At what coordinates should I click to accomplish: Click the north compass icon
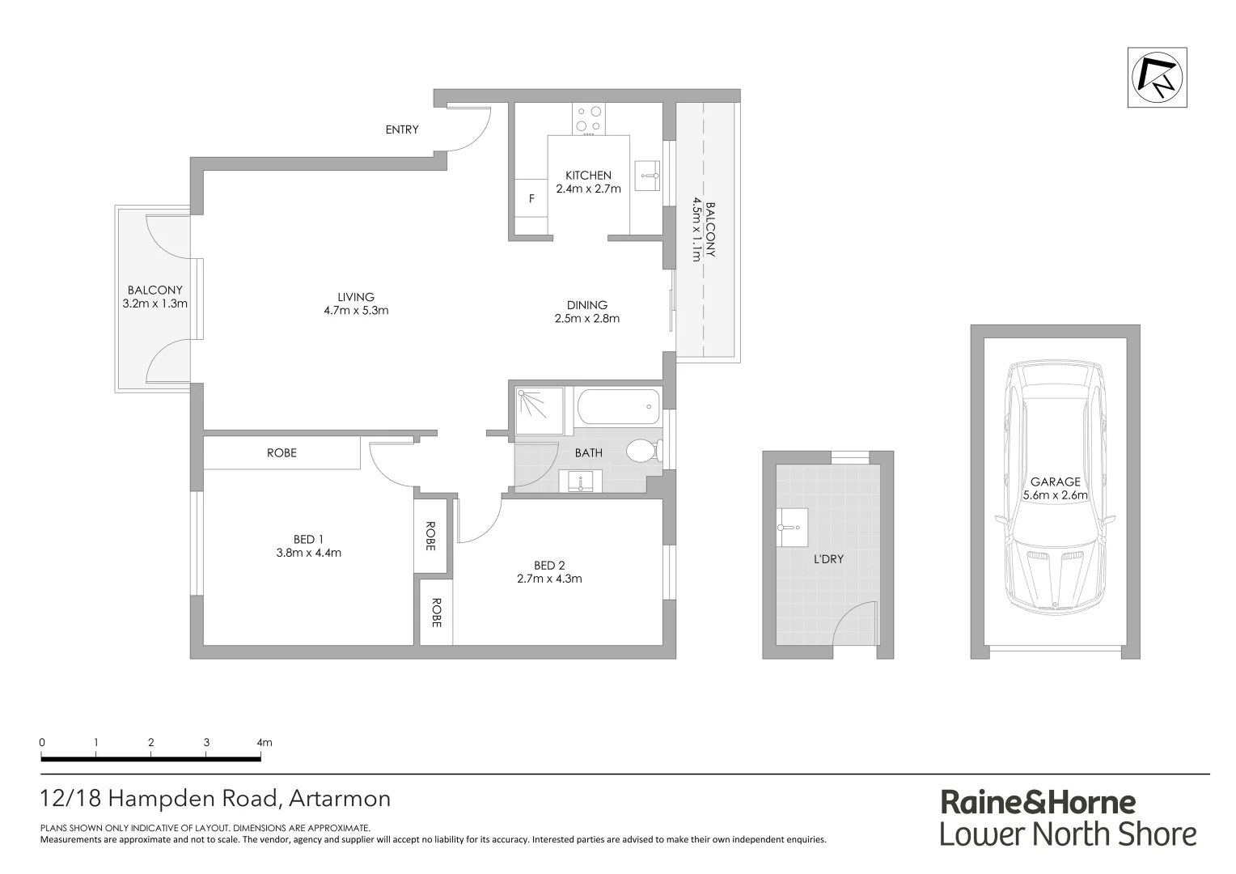click(x=1158, y=78)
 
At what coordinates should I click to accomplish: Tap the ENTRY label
click(x=402, y=129)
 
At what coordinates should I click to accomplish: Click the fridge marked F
click(x=531, y=198)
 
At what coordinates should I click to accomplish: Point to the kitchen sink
click(x=647, y=175)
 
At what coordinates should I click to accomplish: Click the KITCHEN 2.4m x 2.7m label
click(x=588, y=182)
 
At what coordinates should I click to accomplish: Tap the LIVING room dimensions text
click(x=356, y=310)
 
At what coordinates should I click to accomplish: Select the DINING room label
click(x=586, y=305)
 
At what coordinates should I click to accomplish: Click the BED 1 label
click(x=308, y=540)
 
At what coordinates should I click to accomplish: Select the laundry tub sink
click(x=792, y=527)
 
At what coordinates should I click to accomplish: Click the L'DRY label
click(x=828, y=558)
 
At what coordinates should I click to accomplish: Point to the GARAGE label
click(x=1055, y=482)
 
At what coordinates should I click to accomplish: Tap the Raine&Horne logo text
click(x=1038, y=803)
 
